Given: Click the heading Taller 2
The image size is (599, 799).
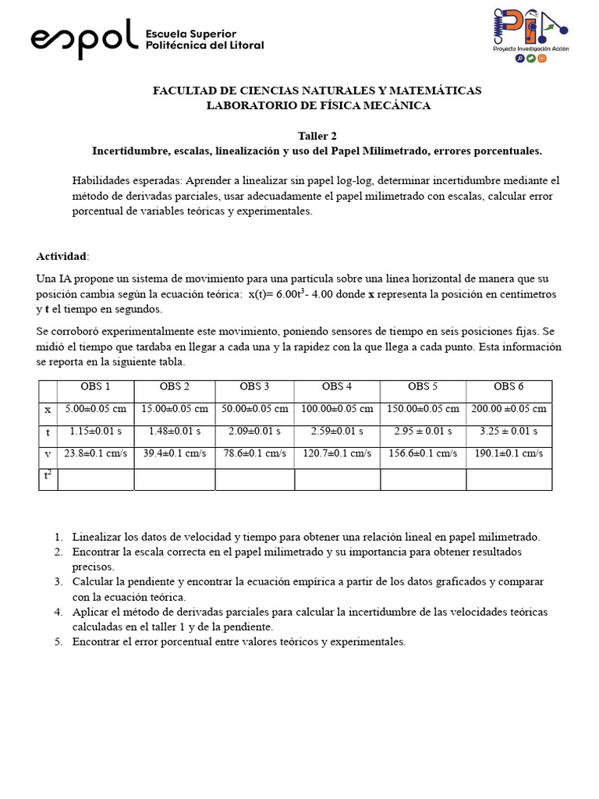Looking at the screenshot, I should (x=317, y=136).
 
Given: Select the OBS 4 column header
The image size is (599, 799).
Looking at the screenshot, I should (x=337, y=387).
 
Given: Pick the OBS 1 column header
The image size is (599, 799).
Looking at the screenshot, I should (x=96, y=387).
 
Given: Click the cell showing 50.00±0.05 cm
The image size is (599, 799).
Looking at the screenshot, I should (x=254, y=409).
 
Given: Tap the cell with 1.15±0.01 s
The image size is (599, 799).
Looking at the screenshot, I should (x=96, y=431).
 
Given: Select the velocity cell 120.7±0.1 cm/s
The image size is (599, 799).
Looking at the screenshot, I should (x=337, y=453).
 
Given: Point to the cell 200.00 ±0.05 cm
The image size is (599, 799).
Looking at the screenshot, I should (x=509, y=409).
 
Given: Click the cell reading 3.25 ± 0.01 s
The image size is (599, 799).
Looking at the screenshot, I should (x=509, y=431).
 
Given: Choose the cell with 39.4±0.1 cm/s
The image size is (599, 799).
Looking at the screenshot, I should (x=175, y=453).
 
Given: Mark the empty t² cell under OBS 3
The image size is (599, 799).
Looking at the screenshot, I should (x=254, y=479).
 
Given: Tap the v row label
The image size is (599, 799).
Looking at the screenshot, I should (x=48, y=453).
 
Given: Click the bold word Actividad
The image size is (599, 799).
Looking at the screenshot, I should (x=62, y=257).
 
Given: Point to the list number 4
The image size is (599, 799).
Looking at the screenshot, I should (x=58, y=612).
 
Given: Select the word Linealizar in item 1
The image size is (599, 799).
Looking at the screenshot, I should (x=97, y=537).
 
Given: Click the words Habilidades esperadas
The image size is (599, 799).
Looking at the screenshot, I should (x=126, y=180).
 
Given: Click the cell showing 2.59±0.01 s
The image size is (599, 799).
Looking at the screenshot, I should (x=337, y=431).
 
